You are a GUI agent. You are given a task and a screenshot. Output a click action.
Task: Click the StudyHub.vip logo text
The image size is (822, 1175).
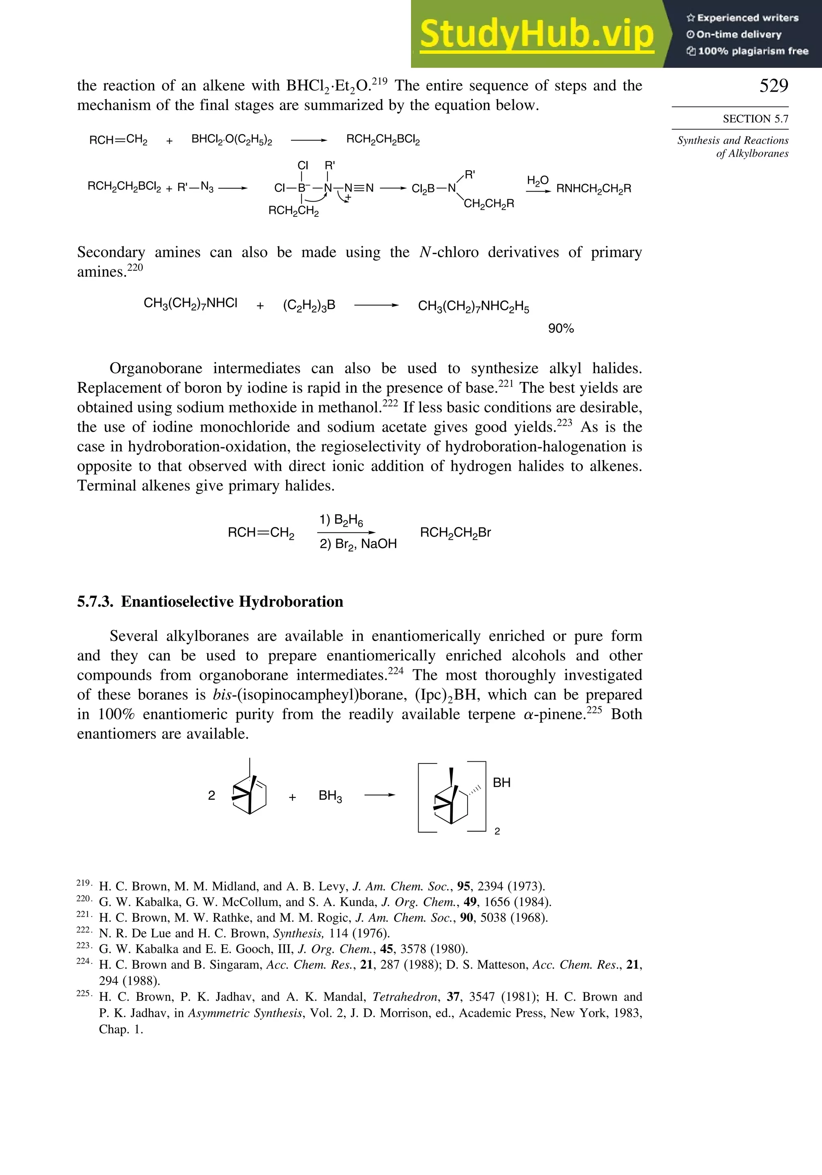[537, 34]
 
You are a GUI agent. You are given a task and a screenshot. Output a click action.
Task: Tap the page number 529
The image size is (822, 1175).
[773, 86]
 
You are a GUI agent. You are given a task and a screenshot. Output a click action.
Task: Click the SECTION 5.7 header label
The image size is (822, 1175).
[755, 119]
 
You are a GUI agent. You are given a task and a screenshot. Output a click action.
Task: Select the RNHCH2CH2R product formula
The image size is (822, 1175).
[593, 189]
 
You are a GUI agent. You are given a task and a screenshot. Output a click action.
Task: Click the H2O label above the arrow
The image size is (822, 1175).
[537, 181]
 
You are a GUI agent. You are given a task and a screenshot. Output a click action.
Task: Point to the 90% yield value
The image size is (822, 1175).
[561, 328]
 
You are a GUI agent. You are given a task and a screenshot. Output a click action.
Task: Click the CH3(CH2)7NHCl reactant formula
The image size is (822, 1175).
[190, 304]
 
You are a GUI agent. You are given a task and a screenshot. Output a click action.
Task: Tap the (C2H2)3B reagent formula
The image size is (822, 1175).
[309, 306]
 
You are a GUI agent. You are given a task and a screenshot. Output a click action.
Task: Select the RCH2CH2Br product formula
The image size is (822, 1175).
[455, 533]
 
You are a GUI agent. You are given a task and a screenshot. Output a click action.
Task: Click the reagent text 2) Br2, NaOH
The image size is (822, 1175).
[358, 544]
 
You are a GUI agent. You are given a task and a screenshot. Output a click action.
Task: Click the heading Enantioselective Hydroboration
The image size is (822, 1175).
[232, 601]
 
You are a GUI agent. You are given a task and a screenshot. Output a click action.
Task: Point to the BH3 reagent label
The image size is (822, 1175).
[330, 796]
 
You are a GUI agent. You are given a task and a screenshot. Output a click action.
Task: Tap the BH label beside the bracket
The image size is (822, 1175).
[501, 783]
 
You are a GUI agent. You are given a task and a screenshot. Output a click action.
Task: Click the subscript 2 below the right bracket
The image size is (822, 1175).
[496, 832]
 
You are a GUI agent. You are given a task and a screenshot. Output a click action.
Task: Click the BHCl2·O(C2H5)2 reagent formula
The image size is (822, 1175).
[231, 140]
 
